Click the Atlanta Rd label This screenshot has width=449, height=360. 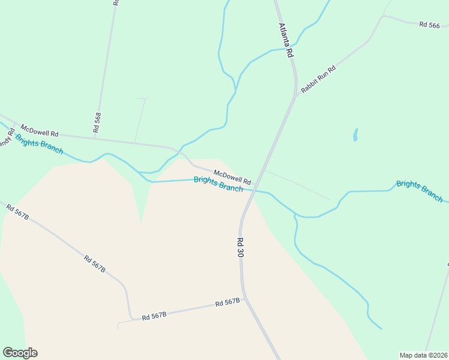point(286,40)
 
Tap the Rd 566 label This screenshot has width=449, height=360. point(430,25)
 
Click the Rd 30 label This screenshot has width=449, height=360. point(240,247)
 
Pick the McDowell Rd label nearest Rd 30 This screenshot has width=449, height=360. point(232,175)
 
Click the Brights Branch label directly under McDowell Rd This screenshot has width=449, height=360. point(218,184)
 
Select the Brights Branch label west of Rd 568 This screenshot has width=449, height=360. point(39,144)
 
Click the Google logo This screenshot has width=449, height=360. point(20,353)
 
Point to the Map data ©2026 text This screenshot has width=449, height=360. point(423,355)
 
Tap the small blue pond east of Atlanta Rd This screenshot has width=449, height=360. point(355,134)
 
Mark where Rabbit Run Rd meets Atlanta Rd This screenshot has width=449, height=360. point(295,95)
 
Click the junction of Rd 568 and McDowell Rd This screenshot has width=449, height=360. point(94,138)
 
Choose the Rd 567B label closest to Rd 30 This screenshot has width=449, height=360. point(228,303)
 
